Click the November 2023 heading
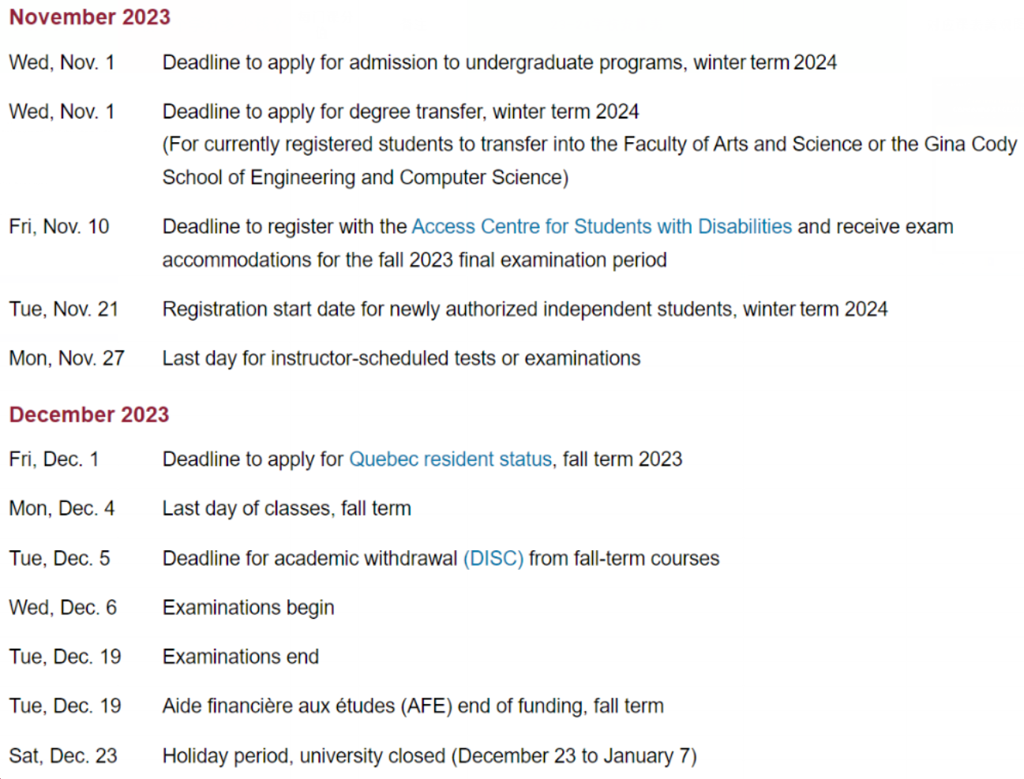[x=89, y=17]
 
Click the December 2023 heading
[x=89, y=414]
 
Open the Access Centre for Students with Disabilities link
[x=601, y=227]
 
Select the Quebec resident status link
[x=450, y=459]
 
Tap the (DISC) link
[x=493, y=559]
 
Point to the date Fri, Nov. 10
[x=59, y=227]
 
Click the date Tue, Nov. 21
[x=63, y=309]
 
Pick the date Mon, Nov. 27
[x=66, y=358]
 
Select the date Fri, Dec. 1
[x=54, y=459]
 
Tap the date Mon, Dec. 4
[x=62, y=509]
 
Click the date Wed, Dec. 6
[x=62, y=608]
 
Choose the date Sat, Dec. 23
[x=63, y=756]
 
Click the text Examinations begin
[x=248, y=608]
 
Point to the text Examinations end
[x=241, y=657]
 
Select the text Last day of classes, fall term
[x=287, y=509]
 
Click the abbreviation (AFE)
[x=426, y=706]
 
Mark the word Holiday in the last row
[x=193, y=756]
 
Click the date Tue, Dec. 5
[x=59, y=559]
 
